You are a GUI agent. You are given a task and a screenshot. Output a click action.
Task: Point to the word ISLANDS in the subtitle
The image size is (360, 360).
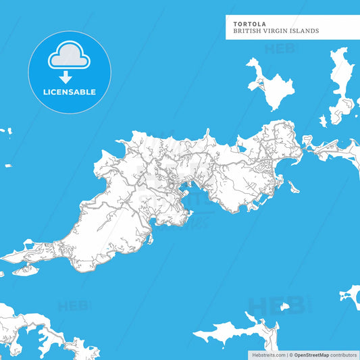(305, 31)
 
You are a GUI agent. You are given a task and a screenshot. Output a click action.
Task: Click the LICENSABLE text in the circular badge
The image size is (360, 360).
(70, 92)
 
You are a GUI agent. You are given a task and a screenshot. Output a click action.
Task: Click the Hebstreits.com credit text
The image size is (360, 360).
(267, 355)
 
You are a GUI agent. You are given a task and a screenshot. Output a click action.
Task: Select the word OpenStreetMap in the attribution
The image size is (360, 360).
(311, 355)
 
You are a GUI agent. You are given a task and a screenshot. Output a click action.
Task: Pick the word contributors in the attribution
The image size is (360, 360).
(344, 355)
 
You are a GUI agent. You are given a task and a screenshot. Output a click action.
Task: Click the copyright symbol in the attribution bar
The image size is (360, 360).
(290, 355)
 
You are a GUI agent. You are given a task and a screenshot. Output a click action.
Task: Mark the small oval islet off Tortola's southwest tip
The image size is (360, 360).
(25, 269)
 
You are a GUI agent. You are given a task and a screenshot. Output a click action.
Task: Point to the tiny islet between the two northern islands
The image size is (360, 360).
(323, 121)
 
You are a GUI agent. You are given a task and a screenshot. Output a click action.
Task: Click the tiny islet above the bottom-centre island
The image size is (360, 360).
(251, 315)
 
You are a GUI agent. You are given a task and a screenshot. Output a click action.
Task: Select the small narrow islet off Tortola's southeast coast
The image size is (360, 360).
(292, 186)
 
